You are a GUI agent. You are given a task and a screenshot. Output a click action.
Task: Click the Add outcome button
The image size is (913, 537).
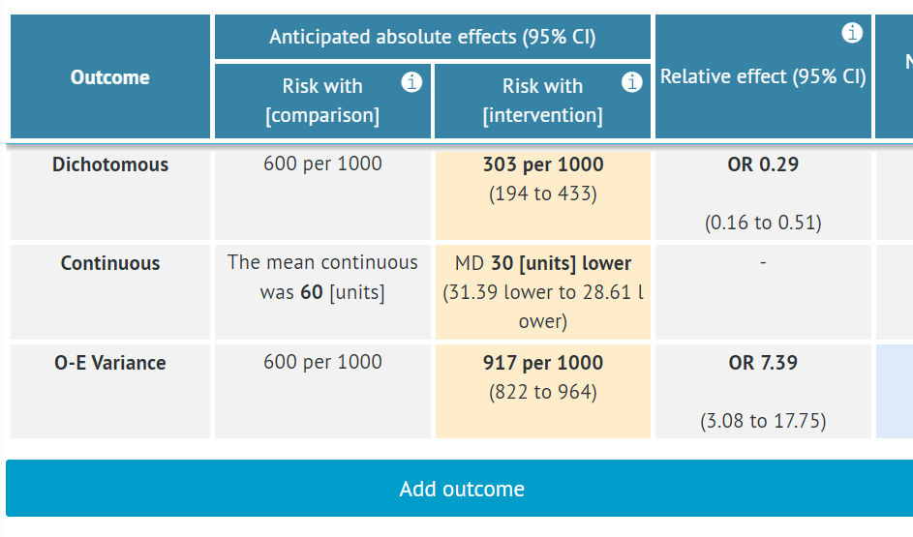(x=461, y=489)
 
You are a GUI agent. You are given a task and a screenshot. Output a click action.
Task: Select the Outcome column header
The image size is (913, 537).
(x=109, y=77)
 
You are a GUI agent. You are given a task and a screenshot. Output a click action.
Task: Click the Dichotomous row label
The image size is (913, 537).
(x=109, y=164)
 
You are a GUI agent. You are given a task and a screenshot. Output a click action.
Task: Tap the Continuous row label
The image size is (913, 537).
(x=109, y=263)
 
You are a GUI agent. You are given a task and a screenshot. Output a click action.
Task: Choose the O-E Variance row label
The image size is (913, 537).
(x=109, y=363)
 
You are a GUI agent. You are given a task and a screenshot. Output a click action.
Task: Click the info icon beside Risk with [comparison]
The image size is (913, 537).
(x=411, y=82)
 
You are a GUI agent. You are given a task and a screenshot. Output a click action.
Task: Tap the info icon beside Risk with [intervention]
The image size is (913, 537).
(x=631, y=82)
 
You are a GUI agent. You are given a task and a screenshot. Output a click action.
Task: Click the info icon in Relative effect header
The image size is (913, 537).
(x=852, y=34)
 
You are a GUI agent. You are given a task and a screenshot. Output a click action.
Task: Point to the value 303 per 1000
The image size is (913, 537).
(x=542, y=164)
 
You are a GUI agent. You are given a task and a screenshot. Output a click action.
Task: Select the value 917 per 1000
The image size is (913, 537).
(x=542, y=363)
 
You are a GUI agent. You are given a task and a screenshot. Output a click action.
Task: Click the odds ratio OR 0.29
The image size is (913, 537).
(x=763, y=164)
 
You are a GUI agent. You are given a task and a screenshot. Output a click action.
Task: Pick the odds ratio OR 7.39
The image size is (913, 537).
(x=763, y=363)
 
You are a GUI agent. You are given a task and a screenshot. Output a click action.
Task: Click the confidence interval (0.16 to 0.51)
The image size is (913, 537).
(x=763, y=224)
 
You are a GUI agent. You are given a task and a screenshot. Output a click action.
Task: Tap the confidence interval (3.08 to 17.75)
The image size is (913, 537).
(x=763, y=422)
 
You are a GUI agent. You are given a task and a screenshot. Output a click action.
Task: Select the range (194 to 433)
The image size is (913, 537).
(x=542, y=194)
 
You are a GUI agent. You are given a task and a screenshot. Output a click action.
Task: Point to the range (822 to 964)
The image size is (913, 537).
(x=542, y=393)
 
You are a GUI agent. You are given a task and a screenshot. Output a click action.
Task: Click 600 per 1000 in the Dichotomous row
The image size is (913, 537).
(x=322, y=164)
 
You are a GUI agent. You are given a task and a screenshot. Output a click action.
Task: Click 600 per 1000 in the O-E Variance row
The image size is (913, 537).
(x=322, y=363)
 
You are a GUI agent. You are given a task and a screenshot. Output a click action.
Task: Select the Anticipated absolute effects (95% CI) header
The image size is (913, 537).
(x=432, y=38)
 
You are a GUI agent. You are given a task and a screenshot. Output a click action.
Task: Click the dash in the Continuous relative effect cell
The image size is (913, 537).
(x=763, y=263)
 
